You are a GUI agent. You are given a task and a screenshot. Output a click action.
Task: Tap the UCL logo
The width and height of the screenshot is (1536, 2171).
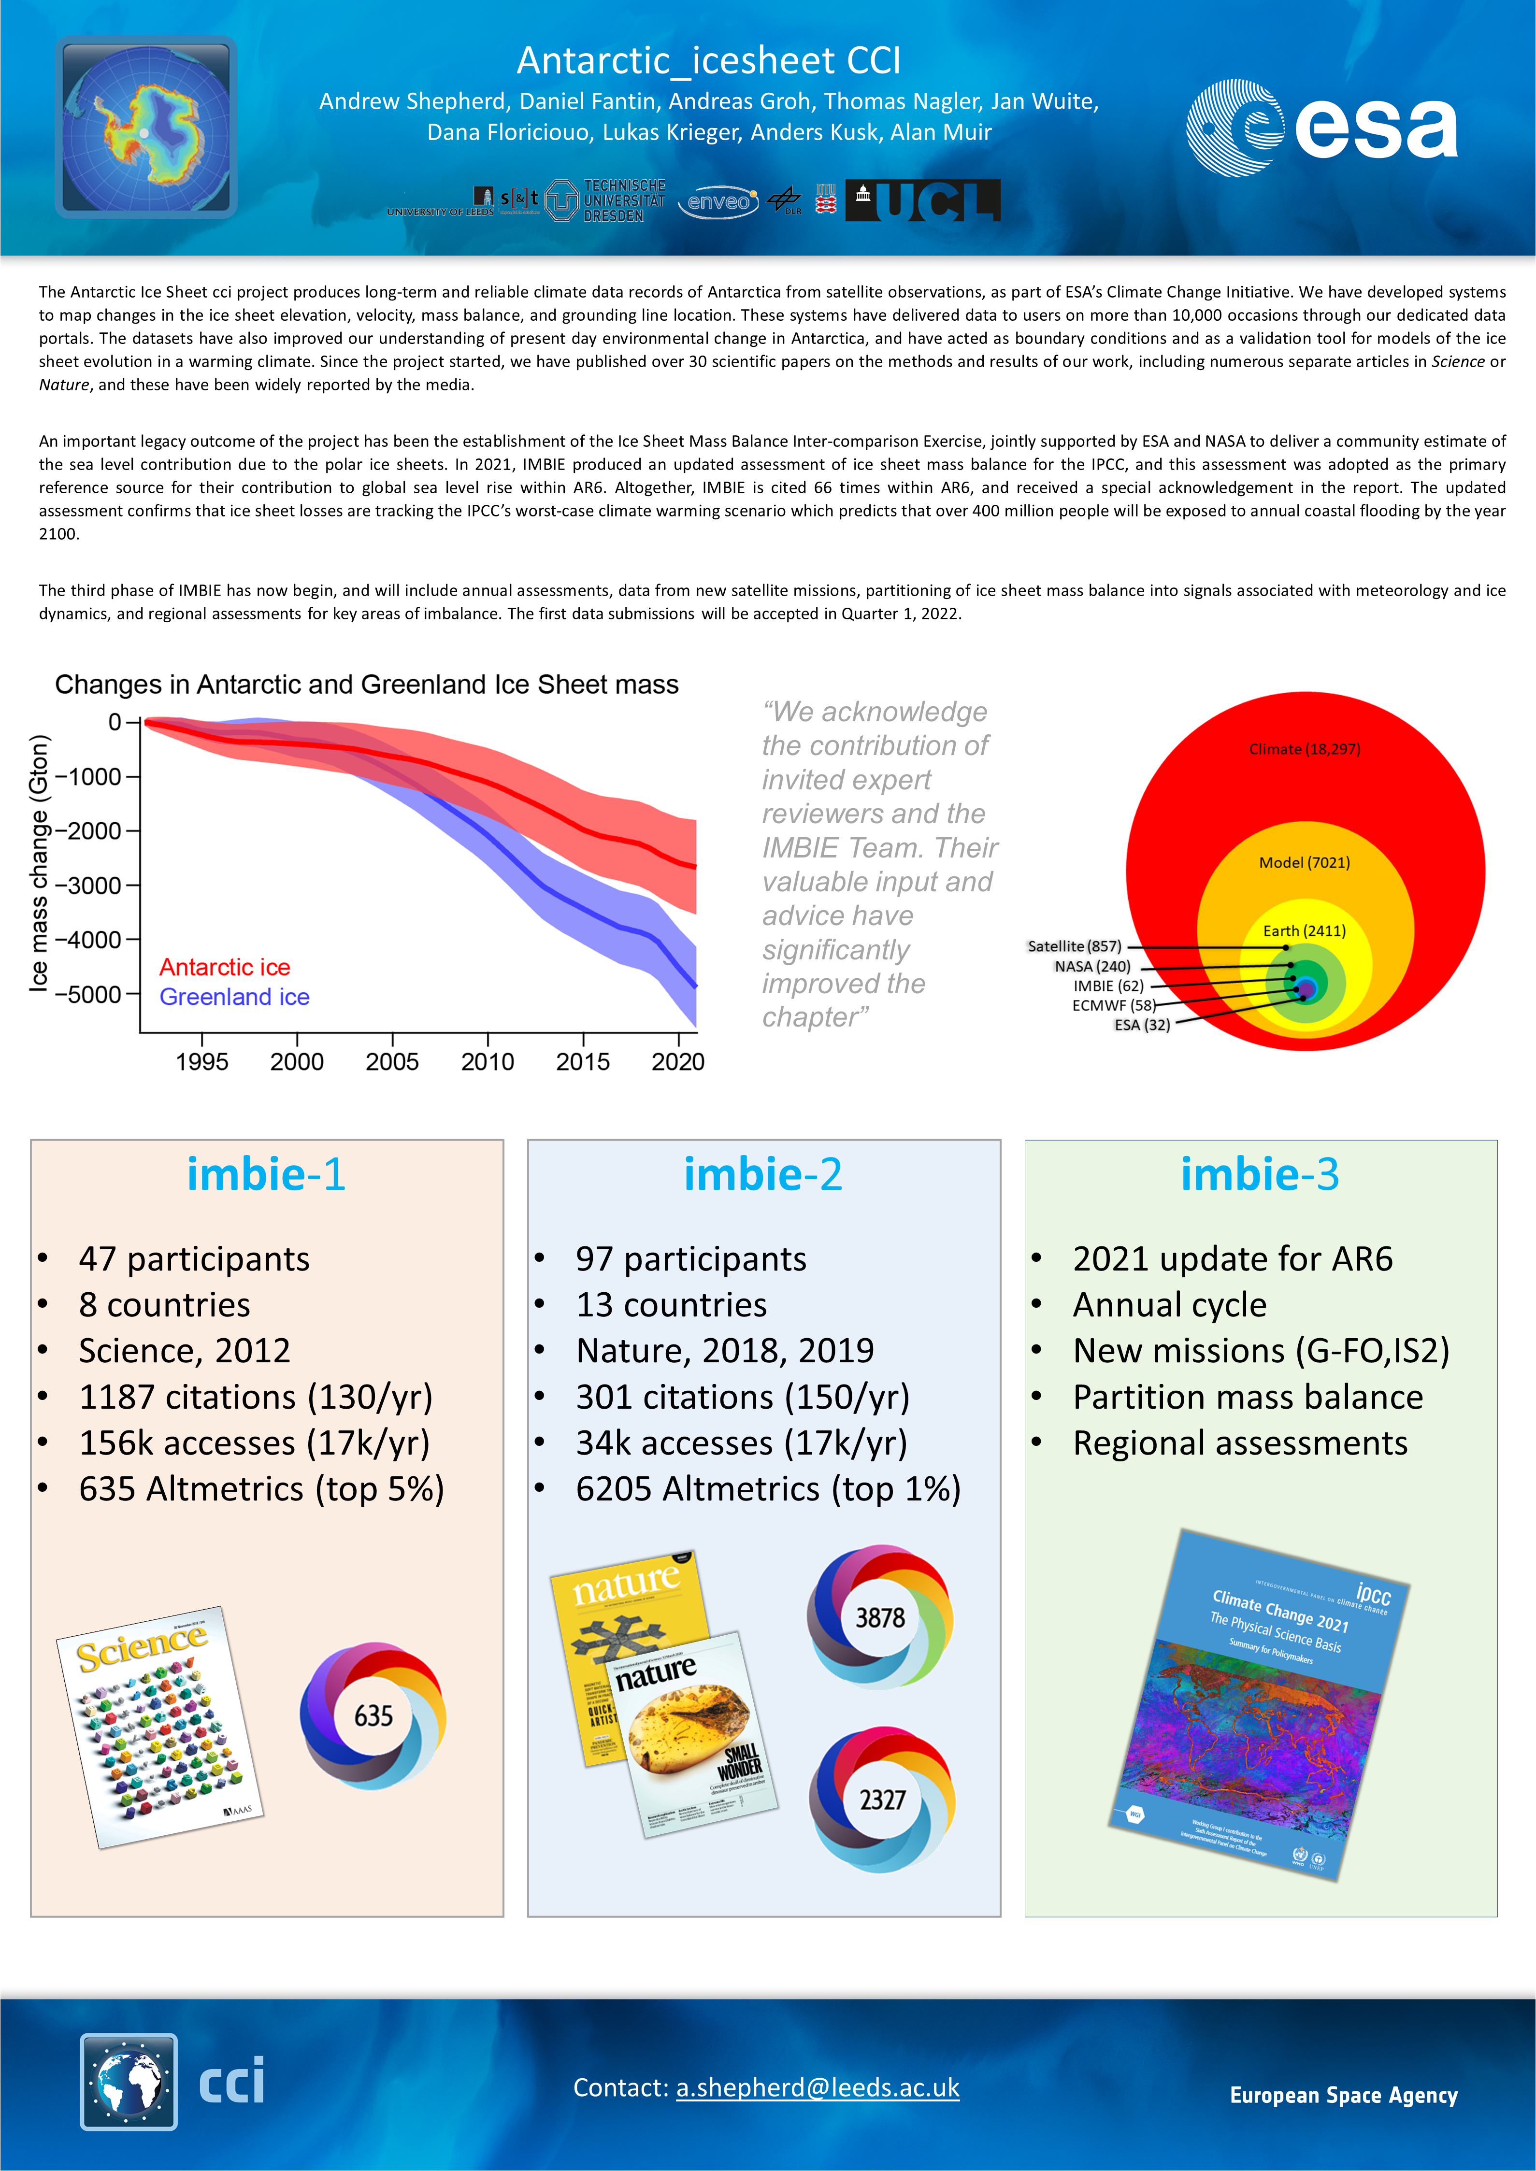point(923,200)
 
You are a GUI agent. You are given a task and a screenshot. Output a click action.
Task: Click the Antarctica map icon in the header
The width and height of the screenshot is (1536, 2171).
point(145,128)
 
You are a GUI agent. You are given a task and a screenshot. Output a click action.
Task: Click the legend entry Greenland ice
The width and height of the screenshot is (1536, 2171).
point(234,997)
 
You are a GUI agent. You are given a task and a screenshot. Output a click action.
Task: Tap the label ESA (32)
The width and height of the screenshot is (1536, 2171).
point(1142,1025)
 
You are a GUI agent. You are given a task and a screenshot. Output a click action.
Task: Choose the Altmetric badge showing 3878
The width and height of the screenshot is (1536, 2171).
point(879,1618)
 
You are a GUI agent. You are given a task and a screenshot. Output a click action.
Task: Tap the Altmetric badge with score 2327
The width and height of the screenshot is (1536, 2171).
point(881,1800)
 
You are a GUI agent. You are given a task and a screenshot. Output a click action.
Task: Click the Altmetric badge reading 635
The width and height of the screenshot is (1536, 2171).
point(373,1716)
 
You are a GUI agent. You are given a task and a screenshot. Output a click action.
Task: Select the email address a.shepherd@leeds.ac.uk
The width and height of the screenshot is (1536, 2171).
point(817,2087)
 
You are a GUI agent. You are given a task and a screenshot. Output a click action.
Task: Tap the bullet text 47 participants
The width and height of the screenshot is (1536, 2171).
point(194,1259)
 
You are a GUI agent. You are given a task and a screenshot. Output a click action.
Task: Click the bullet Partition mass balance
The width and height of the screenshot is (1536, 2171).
point(1248,1398)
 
